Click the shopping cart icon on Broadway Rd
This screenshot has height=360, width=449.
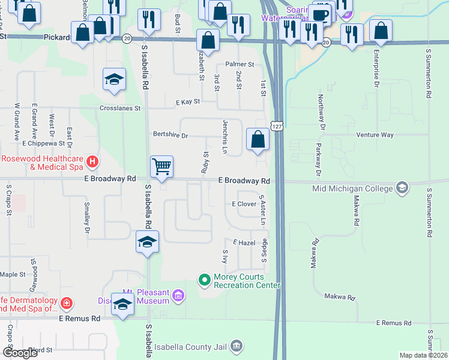[x=161, y=166]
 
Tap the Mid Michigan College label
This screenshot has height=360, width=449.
[x=353, y=188]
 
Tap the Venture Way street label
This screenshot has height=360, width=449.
[x=375, y=135]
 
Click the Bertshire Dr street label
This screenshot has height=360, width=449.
[x=170, y=136]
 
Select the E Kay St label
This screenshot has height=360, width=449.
[x=187, y=103]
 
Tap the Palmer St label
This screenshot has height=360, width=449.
[x=240, y=64]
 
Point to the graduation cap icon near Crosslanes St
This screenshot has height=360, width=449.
[x=113, y=80]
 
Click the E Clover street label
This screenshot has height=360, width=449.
[x=244, y=204]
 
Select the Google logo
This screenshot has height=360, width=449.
[x=20, y=353]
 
